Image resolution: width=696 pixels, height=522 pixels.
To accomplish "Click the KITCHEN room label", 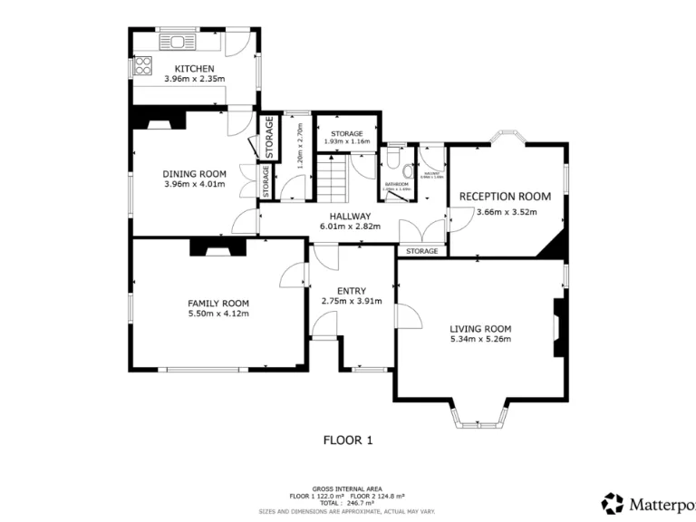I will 194,69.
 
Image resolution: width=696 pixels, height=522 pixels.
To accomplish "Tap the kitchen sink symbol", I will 176,41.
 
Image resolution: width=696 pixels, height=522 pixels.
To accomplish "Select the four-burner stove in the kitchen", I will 142,65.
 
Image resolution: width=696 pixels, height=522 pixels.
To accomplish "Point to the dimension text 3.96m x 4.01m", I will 194,185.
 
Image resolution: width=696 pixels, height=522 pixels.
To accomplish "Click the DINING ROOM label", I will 194,174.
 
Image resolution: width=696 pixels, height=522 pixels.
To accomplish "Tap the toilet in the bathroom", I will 391,159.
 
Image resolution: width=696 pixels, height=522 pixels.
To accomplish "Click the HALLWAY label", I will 350,216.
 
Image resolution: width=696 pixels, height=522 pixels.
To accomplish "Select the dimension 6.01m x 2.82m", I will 350,227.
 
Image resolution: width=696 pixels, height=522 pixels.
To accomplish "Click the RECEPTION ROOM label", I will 505,196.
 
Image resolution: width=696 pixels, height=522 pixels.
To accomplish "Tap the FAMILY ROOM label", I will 217,303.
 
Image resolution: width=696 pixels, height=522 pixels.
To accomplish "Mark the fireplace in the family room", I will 215,246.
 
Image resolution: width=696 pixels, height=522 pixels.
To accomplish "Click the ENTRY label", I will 351,290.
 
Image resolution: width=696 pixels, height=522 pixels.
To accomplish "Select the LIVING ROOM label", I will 480,328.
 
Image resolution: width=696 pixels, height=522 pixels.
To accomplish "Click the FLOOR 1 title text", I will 348,440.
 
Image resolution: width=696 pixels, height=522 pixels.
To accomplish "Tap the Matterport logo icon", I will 613,503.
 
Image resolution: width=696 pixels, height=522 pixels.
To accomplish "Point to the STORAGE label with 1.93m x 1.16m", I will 346,133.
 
